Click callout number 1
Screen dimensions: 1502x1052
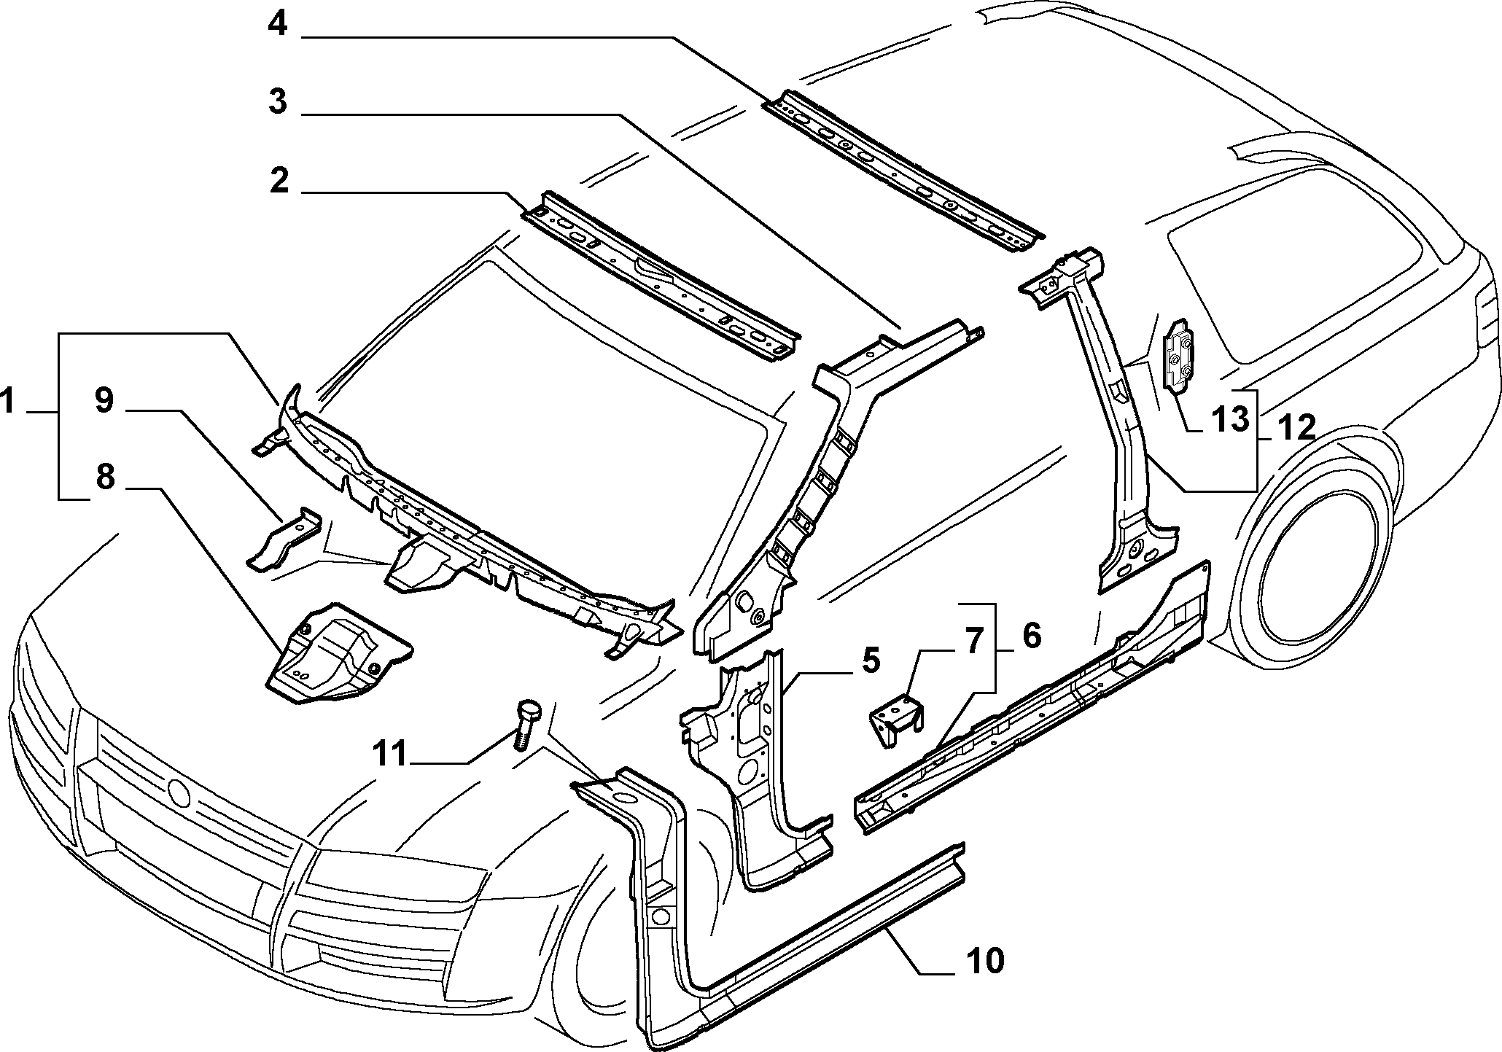pos(9,402)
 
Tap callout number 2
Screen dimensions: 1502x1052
pos(279,180)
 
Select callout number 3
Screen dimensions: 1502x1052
pos(277,102)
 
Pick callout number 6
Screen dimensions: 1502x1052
pos(1031,635)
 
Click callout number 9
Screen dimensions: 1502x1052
pos(104,400)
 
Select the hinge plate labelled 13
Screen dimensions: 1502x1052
pos(1178,356)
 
